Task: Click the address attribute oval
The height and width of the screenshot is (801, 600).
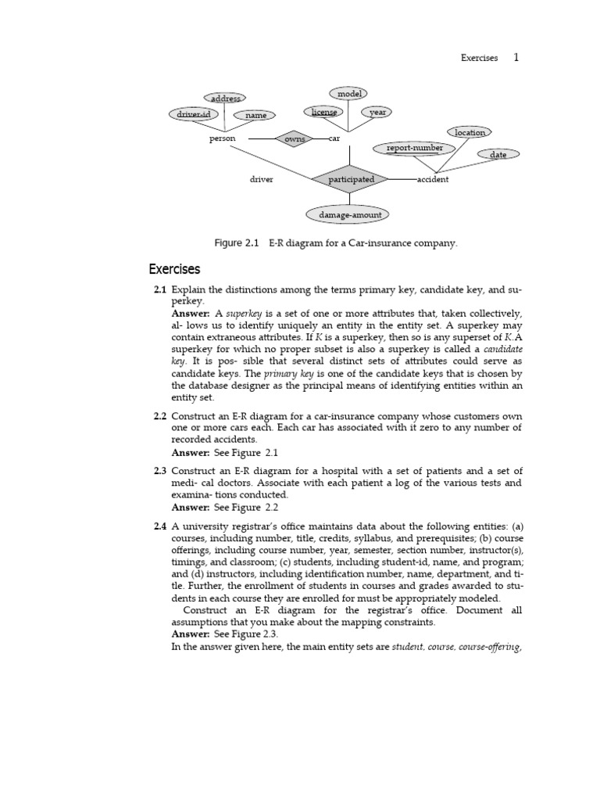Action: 224,99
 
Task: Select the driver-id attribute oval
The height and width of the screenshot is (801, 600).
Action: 193,114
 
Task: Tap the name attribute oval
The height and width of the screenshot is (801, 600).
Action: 255,115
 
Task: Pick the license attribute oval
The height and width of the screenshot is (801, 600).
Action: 324,112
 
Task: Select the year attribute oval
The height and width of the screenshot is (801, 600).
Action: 377,112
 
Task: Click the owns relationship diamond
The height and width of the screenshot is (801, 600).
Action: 295,138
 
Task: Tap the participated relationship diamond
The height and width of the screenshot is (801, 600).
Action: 351,179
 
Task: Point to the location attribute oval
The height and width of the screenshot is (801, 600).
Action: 470,132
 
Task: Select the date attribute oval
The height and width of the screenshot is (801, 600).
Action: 498,154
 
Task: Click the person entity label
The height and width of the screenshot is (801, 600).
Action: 222,138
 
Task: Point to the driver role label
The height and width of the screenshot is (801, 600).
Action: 261,179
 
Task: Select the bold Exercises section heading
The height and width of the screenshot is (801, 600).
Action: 174,270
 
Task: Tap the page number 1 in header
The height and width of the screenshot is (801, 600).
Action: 516,57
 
